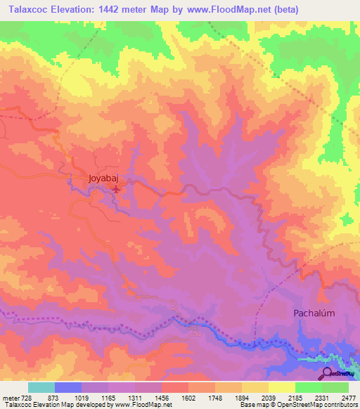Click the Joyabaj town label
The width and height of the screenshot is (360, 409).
[x=102, y=178]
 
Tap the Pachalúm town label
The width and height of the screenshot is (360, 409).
[x=316, y=314]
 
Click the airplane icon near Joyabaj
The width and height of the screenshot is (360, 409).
[x=117, y=188]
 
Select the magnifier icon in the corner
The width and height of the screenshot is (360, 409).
[x=326, y=374]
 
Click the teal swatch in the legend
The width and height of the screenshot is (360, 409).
[x=41, y=387]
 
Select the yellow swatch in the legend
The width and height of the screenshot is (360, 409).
[x=281, y=387]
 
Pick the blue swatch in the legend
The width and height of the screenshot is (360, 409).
[x=68, y=387]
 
